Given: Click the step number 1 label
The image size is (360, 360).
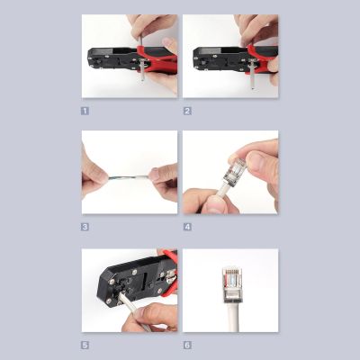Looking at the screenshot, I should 85,111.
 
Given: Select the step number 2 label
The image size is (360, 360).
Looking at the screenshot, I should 187,111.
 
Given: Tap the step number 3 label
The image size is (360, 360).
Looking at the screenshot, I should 85,227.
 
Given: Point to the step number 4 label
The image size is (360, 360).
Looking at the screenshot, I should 187,227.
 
